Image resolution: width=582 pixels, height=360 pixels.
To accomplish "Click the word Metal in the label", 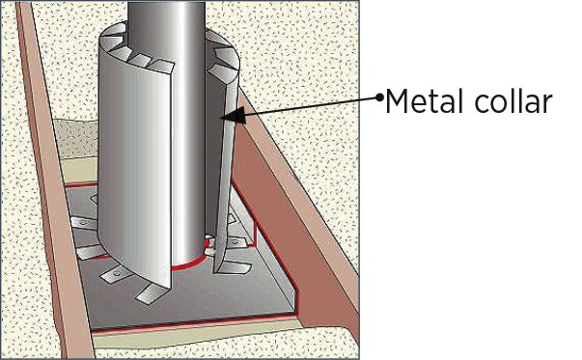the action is pyautogui.click(x=425, y=101).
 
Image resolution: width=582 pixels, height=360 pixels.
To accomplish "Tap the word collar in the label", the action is pyautogui.click(x=513, y=101).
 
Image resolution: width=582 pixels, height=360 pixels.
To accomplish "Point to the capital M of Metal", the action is pyautogui.click(x=396, y=101).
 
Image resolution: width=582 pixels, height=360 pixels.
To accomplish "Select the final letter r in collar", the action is pyautogui.click(x=547, y=104).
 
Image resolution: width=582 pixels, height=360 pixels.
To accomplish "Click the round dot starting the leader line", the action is pyautogui.click(x=379, y=97).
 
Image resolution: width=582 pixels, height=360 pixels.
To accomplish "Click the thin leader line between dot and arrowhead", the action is pyautogui.click(x=311, y=106).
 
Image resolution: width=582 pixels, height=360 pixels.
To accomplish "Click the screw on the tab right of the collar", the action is pyautogui.click(x=235, y=242).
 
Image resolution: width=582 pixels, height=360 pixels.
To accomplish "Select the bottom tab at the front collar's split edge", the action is pyautogui.click(x=151, y=293).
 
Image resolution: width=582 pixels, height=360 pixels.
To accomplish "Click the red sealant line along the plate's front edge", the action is pyautogui.click(x=193, y=323).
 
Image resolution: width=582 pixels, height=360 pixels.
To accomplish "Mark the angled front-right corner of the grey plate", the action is pyautogui.click(x=296, y=311).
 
